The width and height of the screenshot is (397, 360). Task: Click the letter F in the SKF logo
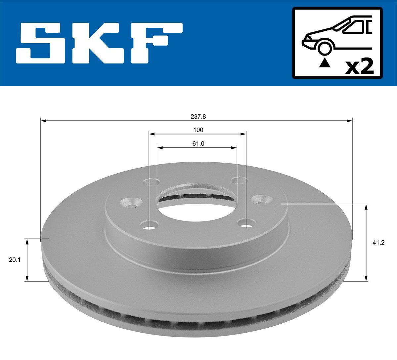pyautogui.click(x=155, y=43)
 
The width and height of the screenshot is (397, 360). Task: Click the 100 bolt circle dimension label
pyautogui.click(x=198, y=130)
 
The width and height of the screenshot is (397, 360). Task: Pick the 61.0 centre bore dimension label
pyautogui.click(x=198, y=143)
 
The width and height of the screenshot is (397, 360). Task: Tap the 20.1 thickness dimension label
pyautogui.click(x=15, y=260)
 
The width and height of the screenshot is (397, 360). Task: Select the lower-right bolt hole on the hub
pyautogui.click(x=245, y=225)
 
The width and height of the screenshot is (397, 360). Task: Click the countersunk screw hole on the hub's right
pyautogui.click(x=261, y=200)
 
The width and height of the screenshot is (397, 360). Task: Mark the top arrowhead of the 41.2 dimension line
pyautogui.click(x=366, y=207)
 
